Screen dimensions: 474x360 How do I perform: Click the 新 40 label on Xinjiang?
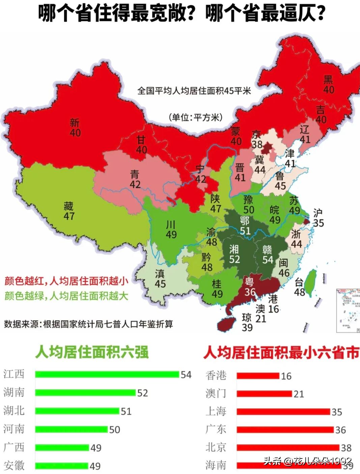(x=75, y=128)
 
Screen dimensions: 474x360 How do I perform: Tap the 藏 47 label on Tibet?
(x=68, y=211)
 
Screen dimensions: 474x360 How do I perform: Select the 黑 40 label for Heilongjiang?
(x=328, y=84)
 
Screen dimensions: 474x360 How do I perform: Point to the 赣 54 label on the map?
(x=268, y=255)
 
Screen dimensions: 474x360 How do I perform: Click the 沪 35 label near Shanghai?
(x=318, y=218)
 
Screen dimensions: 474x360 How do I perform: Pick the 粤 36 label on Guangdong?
(x=250, y=287)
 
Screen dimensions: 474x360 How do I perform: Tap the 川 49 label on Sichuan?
(x=171, y=230)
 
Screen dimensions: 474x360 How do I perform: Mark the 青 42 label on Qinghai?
(x=135, y=179)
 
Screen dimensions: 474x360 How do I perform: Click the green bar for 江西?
(x=107, y=374)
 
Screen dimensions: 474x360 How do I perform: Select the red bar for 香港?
(x=258, y=376)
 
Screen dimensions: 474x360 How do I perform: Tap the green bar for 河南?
(x=71, y=429)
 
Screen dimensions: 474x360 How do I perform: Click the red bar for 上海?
(x=283, y=412)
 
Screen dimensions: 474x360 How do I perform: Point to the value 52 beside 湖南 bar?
(x=142, y=393)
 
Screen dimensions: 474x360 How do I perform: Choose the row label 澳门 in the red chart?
(x=216, y=393)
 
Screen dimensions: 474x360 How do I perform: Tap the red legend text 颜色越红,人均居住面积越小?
(x=66, y=281)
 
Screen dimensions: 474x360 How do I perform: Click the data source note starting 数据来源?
(x=88, y=324)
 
